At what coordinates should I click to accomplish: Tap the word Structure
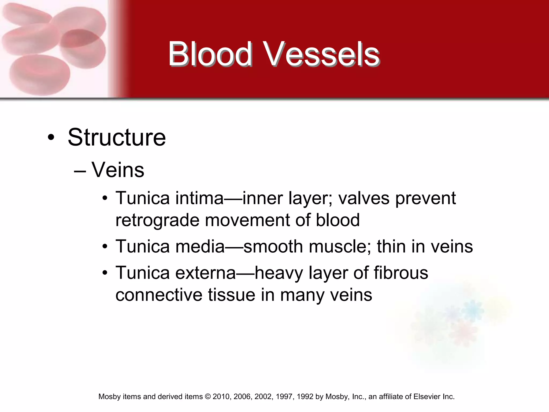pyautogui.click(x=117, y=137)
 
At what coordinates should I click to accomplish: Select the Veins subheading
pyautogui.click(x=118, y=170)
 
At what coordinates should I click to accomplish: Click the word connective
pyautogui.click(x=159, y=295)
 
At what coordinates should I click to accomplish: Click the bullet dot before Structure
pyautogui.click(x=51, y=138)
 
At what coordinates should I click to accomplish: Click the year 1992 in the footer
pyautogui.click(x=305, y=397)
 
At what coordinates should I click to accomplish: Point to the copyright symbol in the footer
pyautogui.click(x=208, y=397)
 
